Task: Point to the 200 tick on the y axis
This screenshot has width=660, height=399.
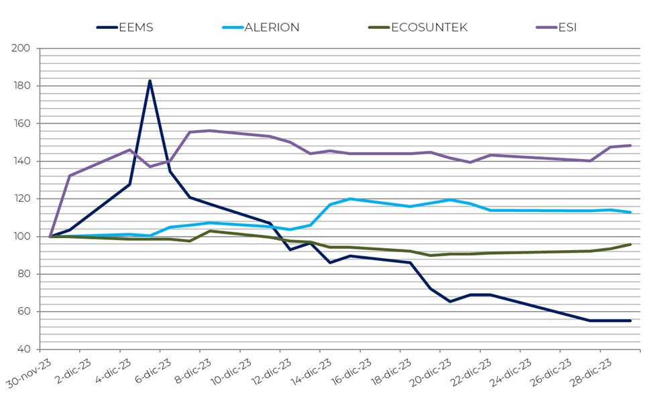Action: pos(21,48)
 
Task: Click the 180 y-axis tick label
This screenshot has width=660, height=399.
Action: pos(21,86)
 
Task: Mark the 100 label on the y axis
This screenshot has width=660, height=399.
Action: pos(21,236)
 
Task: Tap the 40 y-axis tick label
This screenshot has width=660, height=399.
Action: pos(24,349)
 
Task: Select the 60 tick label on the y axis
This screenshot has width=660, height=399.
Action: pos(24,311)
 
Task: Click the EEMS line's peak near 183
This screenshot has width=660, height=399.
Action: pos(150,81)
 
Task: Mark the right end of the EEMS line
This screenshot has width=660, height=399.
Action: pos(630,321)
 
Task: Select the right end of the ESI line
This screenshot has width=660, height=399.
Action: pos(630,146)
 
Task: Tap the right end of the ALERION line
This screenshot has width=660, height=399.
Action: pos(630,213)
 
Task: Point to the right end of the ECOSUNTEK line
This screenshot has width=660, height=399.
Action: pos(630,244)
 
